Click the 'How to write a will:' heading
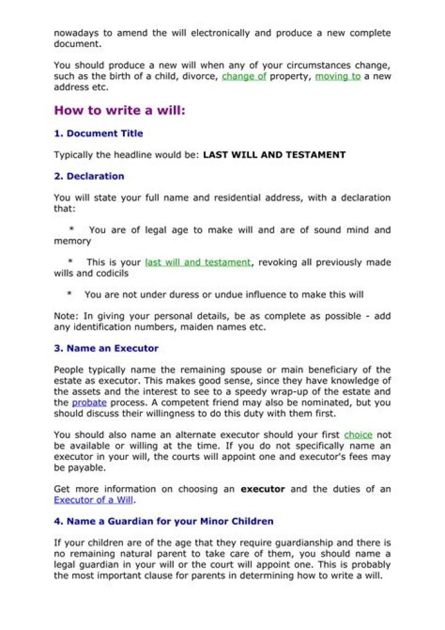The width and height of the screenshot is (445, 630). click(120, 111)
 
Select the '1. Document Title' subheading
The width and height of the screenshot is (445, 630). click(98, 134)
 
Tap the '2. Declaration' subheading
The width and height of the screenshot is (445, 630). click(89, 176)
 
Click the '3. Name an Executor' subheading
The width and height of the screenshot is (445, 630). click(106, 348)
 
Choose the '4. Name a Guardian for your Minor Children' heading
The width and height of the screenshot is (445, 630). click(164, 521)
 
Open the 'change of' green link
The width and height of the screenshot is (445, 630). click(244, 77)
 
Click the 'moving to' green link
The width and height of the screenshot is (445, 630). click(337, 77)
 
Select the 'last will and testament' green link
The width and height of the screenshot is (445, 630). click(198, 262)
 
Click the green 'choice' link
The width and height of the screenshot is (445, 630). click(358, 435)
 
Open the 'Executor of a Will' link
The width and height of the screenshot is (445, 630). click(93, 500)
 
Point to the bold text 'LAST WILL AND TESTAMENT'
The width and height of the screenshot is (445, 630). click(274, 155)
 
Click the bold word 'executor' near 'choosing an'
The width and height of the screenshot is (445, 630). click(263, 489)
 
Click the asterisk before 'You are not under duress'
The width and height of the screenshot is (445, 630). click(70, 295)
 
